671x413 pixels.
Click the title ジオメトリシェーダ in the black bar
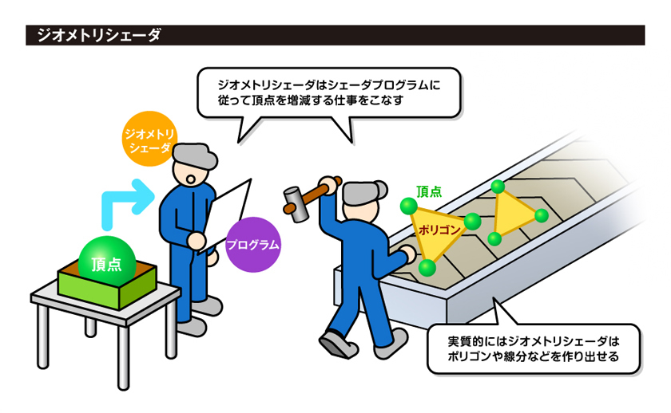[x=98, y=35]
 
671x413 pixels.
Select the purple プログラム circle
[x=253, y=245]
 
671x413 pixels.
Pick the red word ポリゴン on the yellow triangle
[x=439, y=230]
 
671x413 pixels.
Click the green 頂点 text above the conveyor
[x=429, y=192]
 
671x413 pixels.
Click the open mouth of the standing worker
[x=191, y=179]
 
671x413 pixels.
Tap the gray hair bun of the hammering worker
[x=380, y=187]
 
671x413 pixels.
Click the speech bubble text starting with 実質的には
[x=534, y=349]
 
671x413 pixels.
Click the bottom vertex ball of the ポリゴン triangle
[x=427, y=268]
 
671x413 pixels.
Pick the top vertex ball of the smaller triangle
[x=498, y=187]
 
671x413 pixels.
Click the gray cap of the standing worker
[x=195, y=156]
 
